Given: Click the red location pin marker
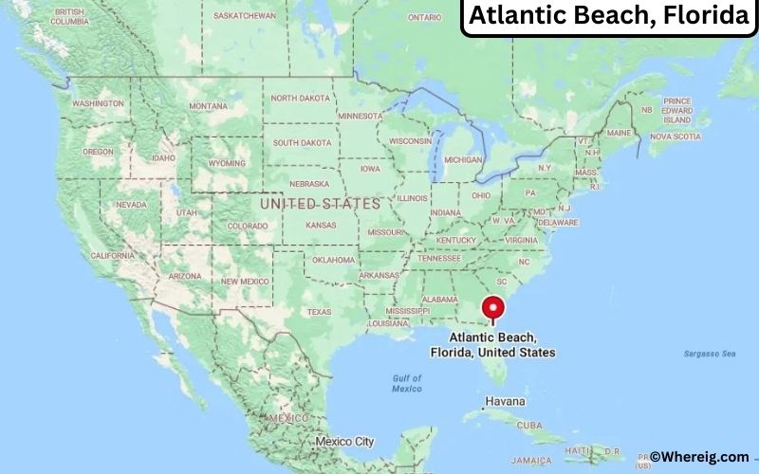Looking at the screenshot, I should click(492, 309).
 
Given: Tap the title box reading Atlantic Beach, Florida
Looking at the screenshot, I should click(608, 17).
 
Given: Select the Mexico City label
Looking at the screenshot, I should click(344, 442).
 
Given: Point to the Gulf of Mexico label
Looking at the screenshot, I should click(407, 383).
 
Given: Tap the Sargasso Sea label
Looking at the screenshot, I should click(709, 354).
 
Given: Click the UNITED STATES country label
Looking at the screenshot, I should click(320, 204).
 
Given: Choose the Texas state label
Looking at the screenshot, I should click(319, 311).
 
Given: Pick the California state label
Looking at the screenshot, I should click(112, 256).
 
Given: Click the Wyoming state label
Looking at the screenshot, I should click(226, 162).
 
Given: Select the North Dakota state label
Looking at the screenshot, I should click(301, 98).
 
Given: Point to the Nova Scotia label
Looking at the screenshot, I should click(675, 137).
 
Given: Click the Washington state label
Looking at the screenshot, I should click(98, 103).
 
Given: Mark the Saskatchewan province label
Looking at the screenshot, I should click(245, 16).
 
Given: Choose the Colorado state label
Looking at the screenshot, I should click(247, 226).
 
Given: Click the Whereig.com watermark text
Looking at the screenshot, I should click(699, 456).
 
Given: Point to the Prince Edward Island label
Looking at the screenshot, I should click(677, 111).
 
